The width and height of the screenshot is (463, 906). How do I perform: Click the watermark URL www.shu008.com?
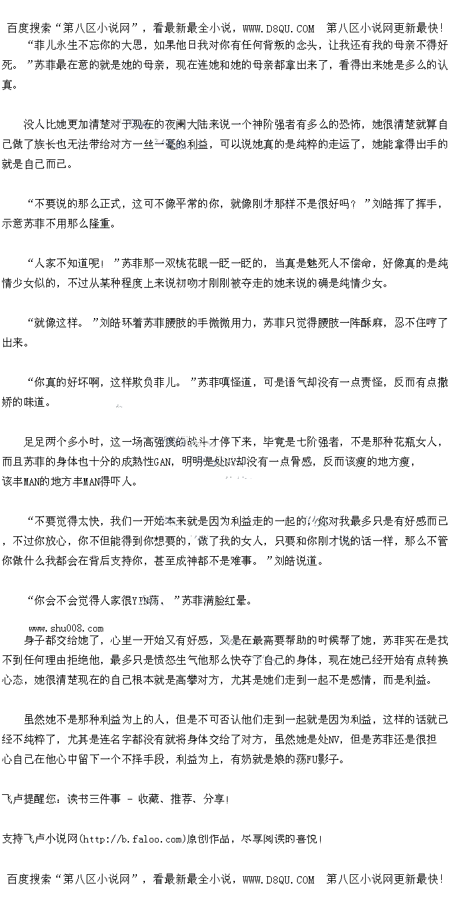point(66,628)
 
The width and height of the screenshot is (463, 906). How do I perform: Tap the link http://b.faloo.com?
point(130,839)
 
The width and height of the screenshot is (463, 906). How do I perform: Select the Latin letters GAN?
point(163,462)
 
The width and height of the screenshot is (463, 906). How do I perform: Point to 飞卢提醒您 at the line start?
point(30,800)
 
